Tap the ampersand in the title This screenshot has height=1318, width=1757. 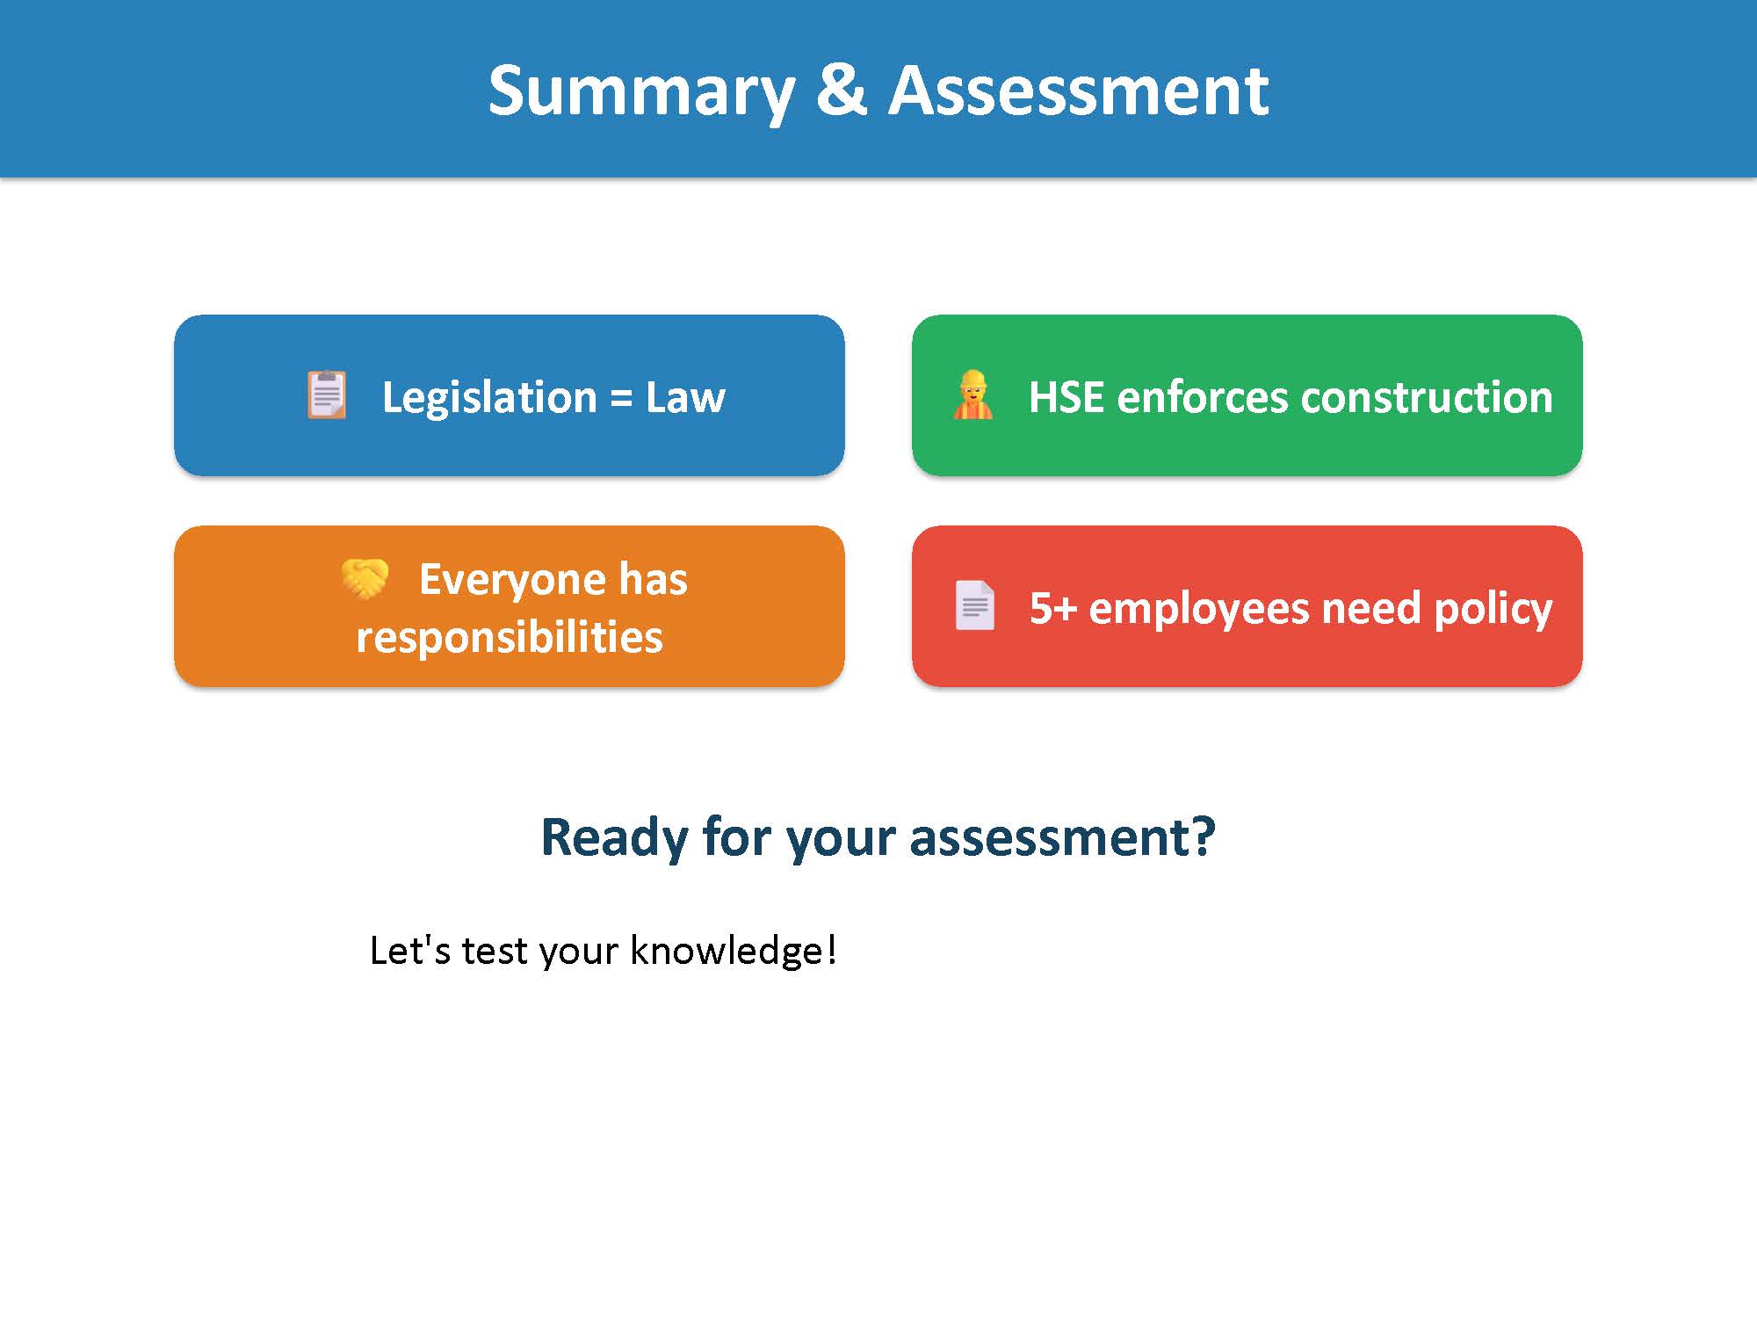[841, 91]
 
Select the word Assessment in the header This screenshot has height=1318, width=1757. [1078, 91]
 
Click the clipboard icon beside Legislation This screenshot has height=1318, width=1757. [327, 395]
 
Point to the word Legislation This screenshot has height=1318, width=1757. [489, 397]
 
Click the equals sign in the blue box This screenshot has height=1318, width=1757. [621, 398]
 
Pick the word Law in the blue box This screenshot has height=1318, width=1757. [685, 397]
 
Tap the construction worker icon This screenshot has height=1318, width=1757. [972, 395]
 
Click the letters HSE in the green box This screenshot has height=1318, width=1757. [1066, 397]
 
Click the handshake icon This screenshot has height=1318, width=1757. [365, 578]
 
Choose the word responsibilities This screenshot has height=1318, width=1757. [510, 637]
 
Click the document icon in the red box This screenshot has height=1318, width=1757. [974, 605]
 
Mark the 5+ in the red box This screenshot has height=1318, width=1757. [1052, 608]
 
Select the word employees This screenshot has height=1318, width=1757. [1198, 609]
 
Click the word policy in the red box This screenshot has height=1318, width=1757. [1493, 609]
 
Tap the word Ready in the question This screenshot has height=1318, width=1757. [613, 836]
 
